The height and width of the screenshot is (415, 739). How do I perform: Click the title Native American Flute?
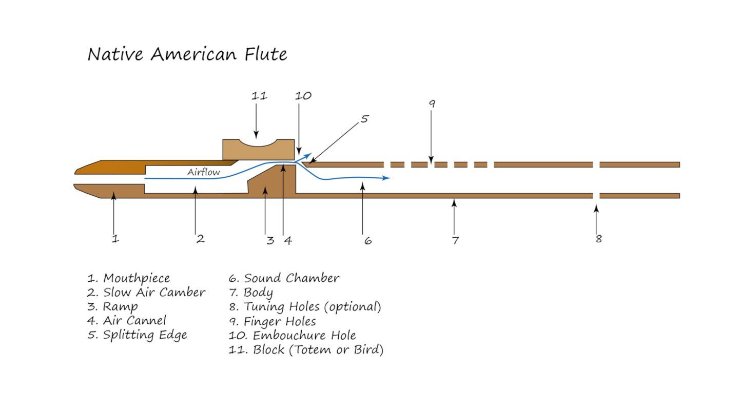coord(187,54)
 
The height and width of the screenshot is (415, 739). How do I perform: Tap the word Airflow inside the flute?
coord(204,172)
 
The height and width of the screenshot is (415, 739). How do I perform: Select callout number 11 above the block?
coord(259,96)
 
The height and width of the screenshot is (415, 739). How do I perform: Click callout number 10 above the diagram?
coord(303,96)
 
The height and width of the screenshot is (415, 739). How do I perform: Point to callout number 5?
coord(364,118)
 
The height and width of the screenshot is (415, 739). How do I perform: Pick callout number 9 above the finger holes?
coord(432,104)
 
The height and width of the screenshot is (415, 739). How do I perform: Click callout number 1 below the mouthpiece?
coord(115,238)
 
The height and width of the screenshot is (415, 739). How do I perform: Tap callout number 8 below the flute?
coord(599,239)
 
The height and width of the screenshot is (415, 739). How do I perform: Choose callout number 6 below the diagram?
coord(368,241)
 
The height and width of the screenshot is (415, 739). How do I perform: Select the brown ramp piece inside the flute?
coord(271,182)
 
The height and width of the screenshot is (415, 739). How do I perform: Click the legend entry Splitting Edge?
coord(137,335)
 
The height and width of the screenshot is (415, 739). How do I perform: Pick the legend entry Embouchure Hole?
coord(293,335)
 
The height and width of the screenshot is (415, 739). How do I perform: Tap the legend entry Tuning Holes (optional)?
coord(305,307)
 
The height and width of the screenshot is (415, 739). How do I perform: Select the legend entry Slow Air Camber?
coord(146,293)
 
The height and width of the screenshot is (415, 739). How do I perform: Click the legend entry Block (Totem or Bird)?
coord(306,350)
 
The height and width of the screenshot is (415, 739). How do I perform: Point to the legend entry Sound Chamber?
coord(284,278)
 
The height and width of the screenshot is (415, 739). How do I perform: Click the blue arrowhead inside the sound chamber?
coord(386,178)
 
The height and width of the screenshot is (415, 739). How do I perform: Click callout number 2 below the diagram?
coord(200,239)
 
